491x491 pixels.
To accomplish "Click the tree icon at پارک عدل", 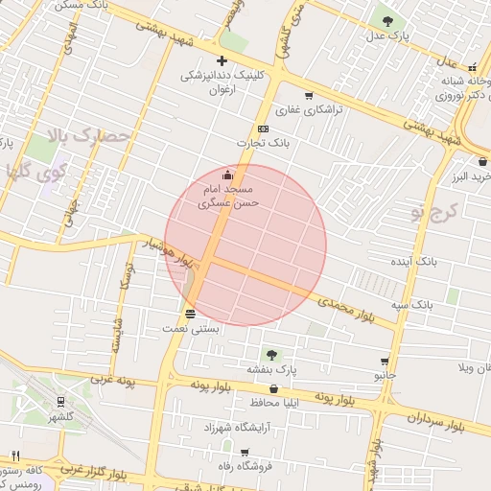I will coord(387,20).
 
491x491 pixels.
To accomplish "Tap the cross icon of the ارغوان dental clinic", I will coord(222,60).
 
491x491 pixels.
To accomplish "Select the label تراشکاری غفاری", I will coord(309,110).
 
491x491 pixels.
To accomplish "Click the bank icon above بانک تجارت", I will coord(263,129).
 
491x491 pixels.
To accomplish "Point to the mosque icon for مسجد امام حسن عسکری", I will coord(227,175).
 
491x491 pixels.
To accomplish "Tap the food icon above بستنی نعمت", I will coord(190,314).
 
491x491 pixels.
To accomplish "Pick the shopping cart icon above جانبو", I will coord(385,362).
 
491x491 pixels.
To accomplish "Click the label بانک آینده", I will coord(415,261).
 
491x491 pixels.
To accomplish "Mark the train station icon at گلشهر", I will coord(61,402).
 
